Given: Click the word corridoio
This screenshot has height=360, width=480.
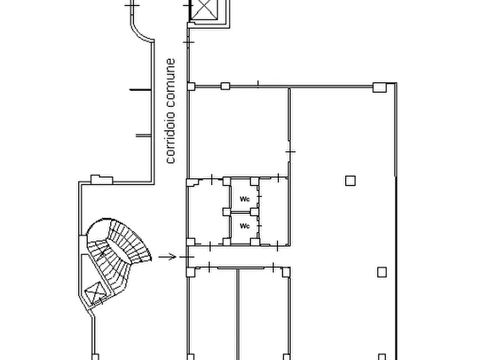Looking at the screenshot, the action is pyautogui.click(x=171, y=137).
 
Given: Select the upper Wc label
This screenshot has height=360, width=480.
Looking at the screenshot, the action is pyautogui.click(x=245, y=199).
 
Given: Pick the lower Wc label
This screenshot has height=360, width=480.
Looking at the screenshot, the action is pyautogui.click(x=245, y=226).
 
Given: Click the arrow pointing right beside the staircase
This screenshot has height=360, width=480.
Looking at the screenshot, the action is pyautogui.click(x=167, y=257).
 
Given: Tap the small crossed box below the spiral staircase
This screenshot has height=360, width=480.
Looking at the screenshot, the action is pyautogui.click(x=95, y=292).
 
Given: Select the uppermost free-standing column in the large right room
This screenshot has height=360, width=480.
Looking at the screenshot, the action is pyautogui.click(x=350, y=181).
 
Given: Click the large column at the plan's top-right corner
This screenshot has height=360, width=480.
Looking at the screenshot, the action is pyautogui.click(x=379, y=87).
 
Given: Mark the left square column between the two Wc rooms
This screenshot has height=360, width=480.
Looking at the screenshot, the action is pyautogui.click(x=226, y=212).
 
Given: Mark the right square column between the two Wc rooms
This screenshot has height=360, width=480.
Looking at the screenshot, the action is pyautogui.click(x=254, y=212).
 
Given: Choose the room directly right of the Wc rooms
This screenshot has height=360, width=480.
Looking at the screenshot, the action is pyautogui.click(x=274, y=211).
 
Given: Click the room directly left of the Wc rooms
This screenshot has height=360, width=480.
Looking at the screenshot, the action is pyautogui.click(x=209, y=212).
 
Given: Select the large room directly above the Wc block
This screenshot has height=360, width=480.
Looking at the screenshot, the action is pyautogui.click(x=239, y=132).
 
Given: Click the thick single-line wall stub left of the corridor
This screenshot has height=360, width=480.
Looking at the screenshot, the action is pyautogui.click(x=140, y=90).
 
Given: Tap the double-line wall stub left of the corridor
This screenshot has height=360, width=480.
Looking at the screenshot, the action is pyautogui.click(x=144, y=135).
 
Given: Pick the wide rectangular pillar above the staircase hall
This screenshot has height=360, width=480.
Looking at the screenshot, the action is pyautogui.click(x=102, y=179).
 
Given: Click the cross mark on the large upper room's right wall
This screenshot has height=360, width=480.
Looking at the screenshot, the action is pyautogui.click(x=290, y=152).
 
